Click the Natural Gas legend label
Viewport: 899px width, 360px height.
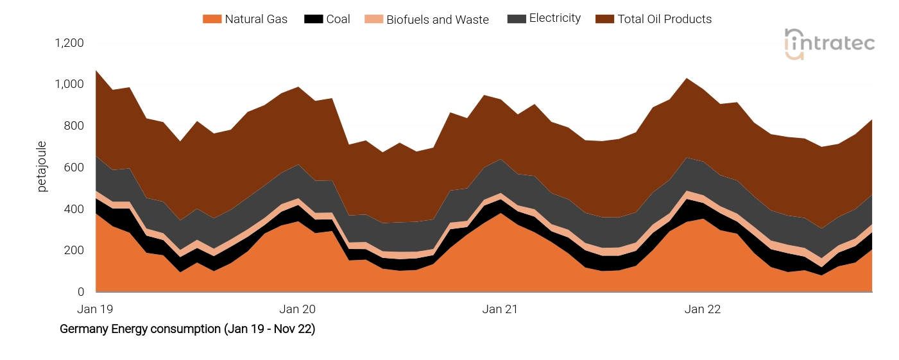click(x=256, y=19)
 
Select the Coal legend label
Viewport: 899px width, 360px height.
click(x=338, y=19)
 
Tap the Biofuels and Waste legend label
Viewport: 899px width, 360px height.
click(x=438, y=19)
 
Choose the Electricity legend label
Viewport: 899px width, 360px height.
click(x=555, y=19)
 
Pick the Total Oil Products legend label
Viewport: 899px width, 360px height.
click(x=665, y=19)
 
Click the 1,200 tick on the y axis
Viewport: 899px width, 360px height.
click(x=69, y=43)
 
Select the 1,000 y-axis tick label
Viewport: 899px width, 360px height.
click(x=69, y=85)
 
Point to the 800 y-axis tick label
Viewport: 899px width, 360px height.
click(x=74, y=126)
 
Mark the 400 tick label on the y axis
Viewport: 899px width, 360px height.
click(x=74, y=209)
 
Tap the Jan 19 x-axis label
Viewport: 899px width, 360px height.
click(x=95, y=309)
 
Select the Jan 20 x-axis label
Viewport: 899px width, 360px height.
click(x=298, y=309)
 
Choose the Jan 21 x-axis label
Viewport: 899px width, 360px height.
click(x=501, y=309)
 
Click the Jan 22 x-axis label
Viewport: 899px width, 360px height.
click(x=703, y=309)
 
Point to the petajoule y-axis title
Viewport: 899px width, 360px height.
click(x=42, y=167)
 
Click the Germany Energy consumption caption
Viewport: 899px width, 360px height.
click(x=187, y=329)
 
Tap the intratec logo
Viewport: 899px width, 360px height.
click(x=830, y=44)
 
